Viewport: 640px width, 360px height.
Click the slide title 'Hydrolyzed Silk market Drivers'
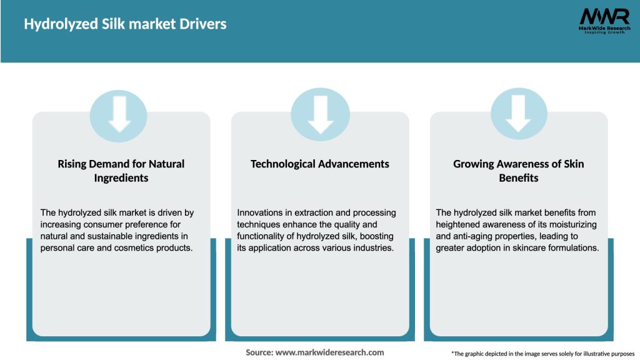pyautogui.click(x=125, y=24)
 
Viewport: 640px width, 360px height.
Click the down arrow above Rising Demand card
pyautogui.click(x=119, y=113)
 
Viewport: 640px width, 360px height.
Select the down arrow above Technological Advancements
pyautogui.click(x=320, y=113)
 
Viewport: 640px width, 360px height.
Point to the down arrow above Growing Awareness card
pyautogui.click(x=519, y=113)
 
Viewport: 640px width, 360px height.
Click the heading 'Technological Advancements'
pyautogui.click(x=320, y=164)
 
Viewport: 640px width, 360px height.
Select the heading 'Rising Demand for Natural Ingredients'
pyautogui.click(x=121, y=171)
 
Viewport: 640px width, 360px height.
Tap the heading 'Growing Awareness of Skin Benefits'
pyautogui.click(x=519, y=171)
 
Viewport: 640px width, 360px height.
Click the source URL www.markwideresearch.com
pyautogui.click(x=329, y=352)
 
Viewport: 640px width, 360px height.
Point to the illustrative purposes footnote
pyautogui.click(x=542, y=354)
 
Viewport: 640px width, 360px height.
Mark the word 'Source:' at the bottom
pyautogui.click(x=259, y=352)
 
